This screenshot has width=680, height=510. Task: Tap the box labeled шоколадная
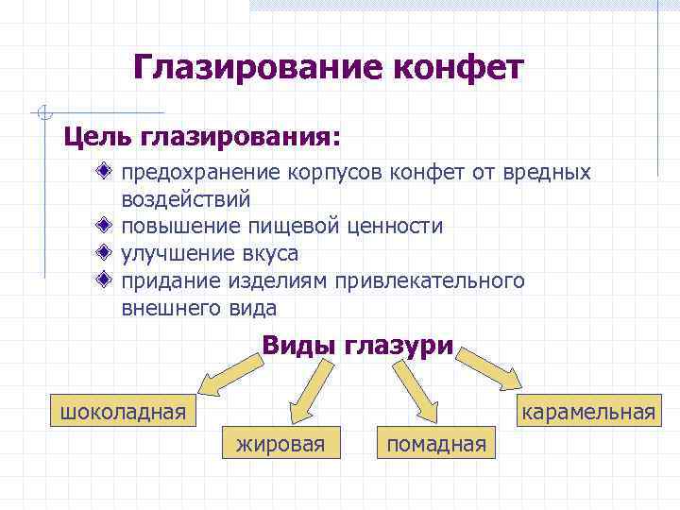point(123,412)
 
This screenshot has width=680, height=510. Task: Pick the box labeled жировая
point(280,442)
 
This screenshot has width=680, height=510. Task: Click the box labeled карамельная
point(586,412)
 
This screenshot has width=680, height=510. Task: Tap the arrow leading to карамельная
point(491,370)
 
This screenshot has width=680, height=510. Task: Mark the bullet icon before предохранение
point(104,173)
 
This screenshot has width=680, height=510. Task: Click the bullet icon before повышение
point(104,227)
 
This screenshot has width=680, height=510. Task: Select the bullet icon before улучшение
point(104,253)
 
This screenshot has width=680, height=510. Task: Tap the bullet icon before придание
point(104,280)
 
